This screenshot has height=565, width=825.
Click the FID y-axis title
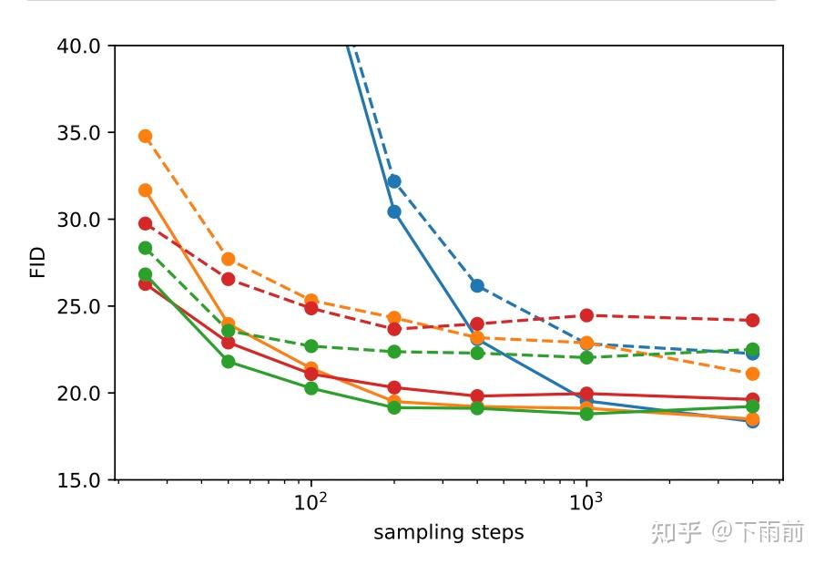tap(37, 262)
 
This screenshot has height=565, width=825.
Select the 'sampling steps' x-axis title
tap(448, 532)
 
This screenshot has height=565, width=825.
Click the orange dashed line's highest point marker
tap(145, 137)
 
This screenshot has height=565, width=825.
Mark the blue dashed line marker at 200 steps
tap(394, 181)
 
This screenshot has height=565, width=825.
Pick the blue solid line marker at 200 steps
tap(394, 211)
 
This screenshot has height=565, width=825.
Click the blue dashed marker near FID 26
tap(477, 285)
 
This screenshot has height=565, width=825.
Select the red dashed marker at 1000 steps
tap(586, 315)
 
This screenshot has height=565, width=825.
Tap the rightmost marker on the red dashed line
tap(752, 320)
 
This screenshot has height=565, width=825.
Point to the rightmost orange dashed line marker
tap(752, 374)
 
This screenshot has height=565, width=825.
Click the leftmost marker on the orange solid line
tap(145, 190)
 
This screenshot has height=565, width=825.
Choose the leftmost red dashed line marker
tap(145, 223)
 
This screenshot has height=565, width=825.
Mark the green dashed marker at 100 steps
tap(311, 346)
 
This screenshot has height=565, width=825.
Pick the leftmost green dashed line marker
tap(145, 248)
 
